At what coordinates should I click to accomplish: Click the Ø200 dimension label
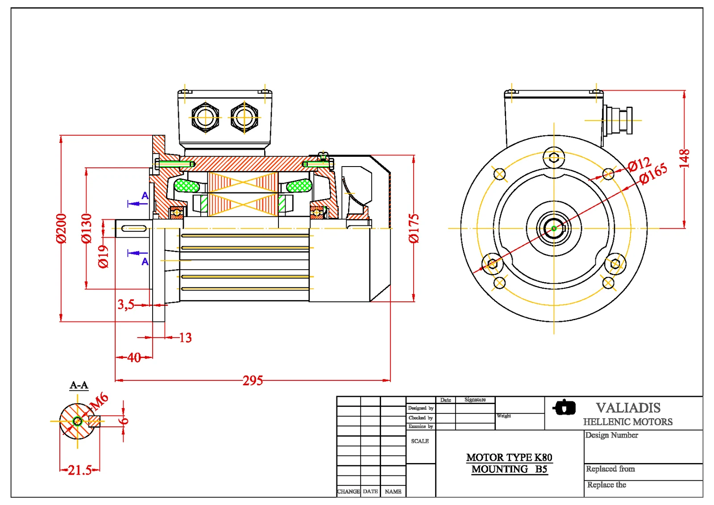coord(61,228)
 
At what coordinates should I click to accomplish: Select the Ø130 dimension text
coord(86,228)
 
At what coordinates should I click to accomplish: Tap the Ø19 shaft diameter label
coord(103,256)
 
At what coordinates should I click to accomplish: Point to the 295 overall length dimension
coord(253,380)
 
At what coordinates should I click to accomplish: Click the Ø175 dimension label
coord(414,228)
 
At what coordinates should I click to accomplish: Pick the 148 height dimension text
coord(684,159)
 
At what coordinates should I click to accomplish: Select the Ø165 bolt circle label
coord(653,173)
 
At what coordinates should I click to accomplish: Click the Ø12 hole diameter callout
coord(639,165)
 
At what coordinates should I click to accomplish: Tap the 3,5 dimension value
coord(125,305)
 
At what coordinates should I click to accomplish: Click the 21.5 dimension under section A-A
coord(79,470)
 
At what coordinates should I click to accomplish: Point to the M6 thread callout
coord(99,401)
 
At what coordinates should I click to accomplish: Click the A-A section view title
coord(79,385)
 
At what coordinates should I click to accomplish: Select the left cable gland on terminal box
coord(205,117)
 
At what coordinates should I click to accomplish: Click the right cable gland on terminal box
coord(244,117)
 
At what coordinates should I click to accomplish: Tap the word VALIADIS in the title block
coord(628,408)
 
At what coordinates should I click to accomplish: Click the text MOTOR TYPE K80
coord(509,457)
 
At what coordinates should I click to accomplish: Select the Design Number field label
coord(611,435)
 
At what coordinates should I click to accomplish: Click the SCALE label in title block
coord(419,441)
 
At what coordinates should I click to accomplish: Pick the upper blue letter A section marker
coord(145,196)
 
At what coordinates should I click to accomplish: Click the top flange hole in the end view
coord(554,157)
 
